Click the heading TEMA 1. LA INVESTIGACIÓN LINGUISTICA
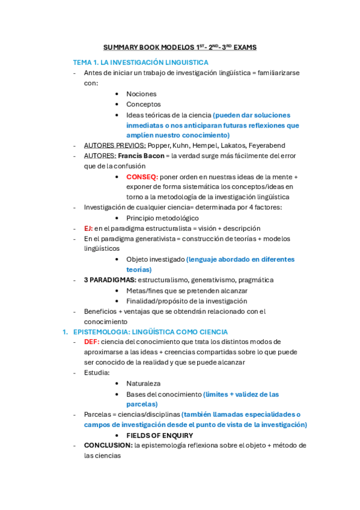[x=141, y=63]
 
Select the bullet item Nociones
[x=141, y=94]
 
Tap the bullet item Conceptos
[x=143, y=104]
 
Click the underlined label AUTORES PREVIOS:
[x=115, y=146]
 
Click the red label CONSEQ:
[x=142, y=177]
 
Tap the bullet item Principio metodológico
[x=162, y=218]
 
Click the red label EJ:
[x=88, y=228]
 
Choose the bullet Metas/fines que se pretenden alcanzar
[x=187, y=290]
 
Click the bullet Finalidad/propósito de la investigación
[x=186, y=301]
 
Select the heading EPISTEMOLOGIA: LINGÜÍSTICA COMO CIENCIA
[x=150, y=331]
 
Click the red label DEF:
[x=91, y=342]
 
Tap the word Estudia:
[x=97, y=373]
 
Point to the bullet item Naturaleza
[x=143, y=383]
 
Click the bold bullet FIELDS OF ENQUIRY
[x=159, y=435]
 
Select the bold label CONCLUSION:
[x=108, y=446]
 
